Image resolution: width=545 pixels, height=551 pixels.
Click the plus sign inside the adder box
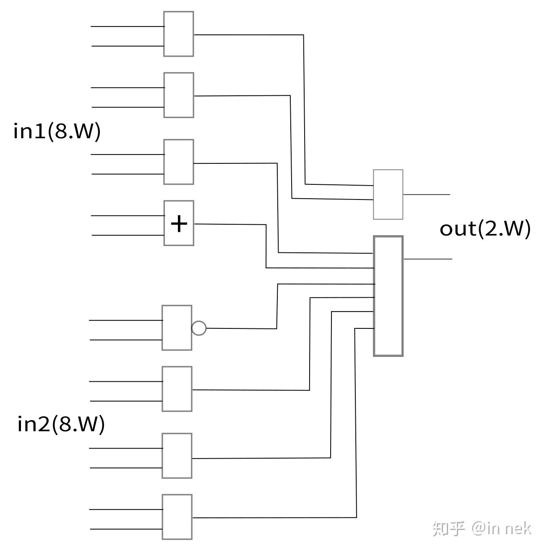[x=179, y=223]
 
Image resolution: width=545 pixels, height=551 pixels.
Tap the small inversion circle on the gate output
[x=199, y=328]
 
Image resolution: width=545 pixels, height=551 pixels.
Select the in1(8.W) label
[x=57, y=131]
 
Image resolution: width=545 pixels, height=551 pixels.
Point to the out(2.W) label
[x=485, y=228]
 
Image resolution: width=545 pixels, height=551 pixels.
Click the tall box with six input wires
[x=388, y=296]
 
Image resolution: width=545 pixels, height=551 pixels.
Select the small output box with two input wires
[x=388, y=194]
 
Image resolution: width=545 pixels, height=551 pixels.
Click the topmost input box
[x=179, y=34]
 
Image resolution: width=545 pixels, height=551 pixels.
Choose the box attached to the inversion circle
[x=177, y=328]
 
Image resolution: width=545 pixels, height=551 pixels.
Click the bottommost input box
[x=177, y=517]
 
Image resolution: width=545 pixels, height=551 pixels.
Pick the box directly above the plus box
[x=179, y=162]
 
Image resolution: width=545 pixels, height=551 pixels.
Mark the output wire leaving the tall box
[x=428, y=259]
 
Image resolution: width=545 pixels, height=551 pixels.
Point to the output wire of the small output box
[x=426, y=194]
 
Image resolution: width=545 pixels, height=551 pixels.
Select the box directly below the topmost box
[x=179, y=95]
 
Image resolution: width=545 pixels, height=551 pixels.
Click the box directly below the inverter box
[x=177, y=389]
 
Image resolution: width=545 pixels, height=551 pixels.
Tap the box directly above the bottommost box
[x=177, y=456]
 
